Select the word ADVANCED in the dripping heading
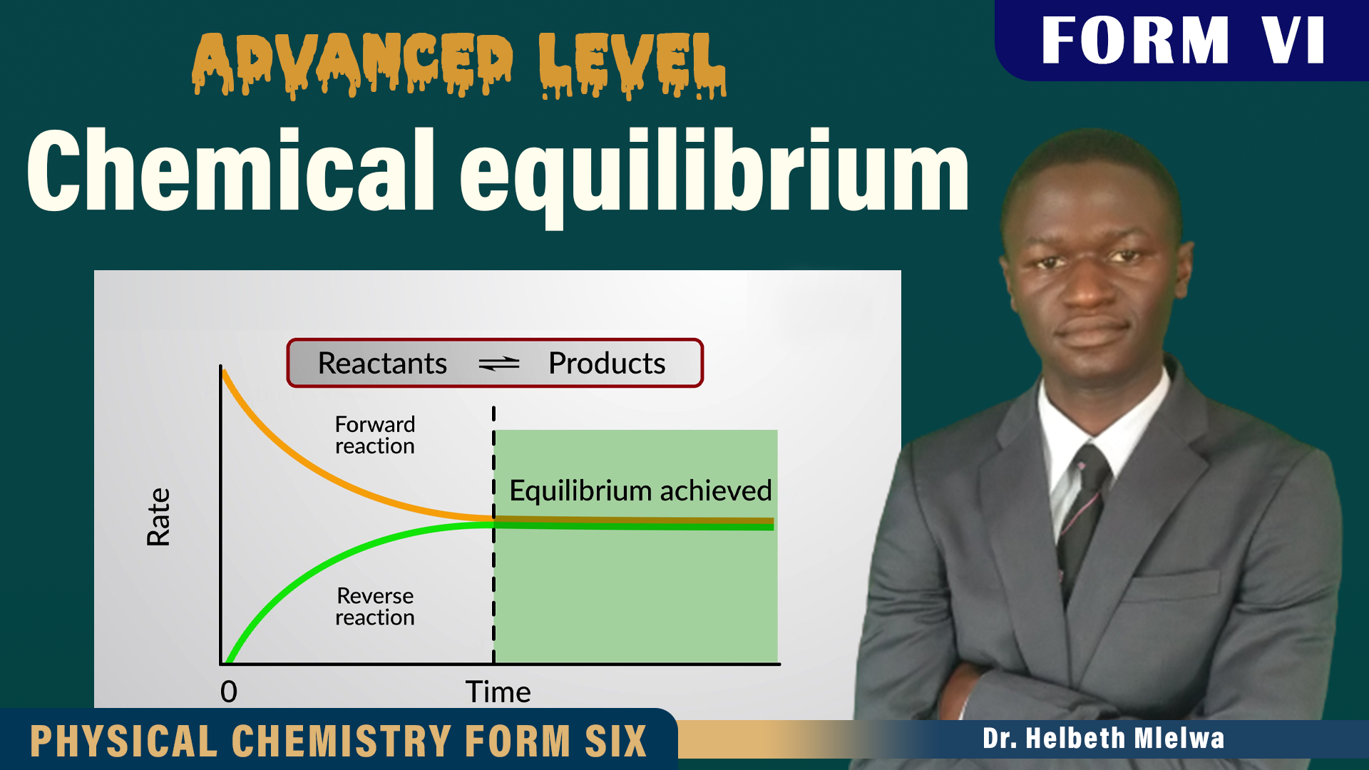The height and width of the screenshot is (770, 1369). point(352,64)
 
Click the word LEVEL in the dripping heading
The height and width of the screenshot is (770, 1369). point(632,64)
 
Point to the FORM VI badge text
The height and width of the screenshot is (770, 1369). point(1183,41)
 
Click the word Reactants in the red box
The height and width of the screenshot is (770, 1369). point(382,364)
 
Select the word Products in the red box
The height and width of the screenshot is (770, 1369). point(607,364)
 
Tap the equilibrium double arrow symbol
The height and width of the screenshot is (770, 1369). point(499,364)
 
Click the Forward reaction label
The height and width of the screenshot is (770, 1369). point(375,435)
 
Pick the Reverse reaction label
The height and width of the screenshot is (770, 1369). point(375,606)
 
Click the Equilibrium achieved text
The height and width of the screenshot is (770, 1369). point(640,491)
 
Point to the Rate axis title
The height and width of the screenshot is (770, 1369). point(158,517)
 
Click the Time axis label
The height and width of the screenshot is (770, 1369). point(498,692)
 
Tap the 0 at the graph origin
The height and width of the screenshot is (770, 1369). point(229,692)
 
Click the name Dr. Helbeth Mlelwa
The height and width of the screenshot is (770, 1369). point(1103,739)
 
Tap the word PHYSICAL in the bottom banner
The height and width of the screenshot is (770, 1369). point(123,741)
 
